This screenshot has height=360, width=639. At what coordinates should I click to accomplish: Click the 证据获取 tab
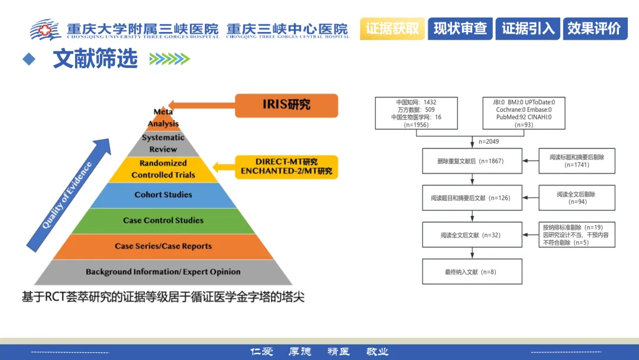393,28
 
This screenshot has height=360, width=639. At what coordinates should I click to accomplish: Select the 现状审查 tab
460,28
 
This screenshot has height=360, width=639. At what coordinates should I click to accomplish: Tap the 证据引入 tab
528,28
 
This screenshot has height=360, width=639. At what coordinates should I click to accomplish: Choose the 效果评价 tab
594,28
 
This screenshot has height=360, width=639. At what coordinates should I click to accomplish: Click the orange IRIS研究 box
286,105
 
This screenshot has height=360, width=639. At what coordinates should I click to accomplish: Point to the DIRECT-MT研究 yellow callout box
286,167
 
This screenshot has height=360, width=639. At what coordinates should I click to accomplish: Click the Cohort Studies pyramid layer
163,195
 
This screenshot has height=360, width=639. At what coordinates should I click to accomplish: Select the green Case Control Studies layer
163,220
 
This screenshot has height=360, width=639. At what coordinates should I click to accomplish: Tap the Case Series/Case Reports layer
163,246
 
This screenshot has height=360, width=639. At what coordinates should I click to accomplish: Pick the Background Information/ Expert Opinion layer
163,272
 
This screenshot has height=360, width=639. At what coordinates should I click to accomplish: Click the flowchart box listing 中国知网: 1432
417,113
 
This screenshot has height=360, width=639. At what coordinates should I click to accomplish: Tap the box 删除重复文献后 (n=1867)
472,161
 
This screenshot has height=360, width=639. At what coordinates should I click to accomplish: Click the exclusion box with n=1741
577,161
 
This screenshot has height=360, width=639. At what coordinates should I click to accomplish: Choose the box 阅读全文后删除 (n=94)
577,198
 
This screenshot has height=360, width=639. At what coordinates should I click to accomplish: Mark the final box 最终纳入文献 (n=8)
472,272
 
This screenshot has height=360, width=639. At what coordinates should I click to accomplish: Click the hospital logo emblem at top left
46,29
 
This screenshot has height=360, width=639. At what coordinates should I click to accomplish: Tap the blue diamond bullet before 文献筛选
28,59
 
